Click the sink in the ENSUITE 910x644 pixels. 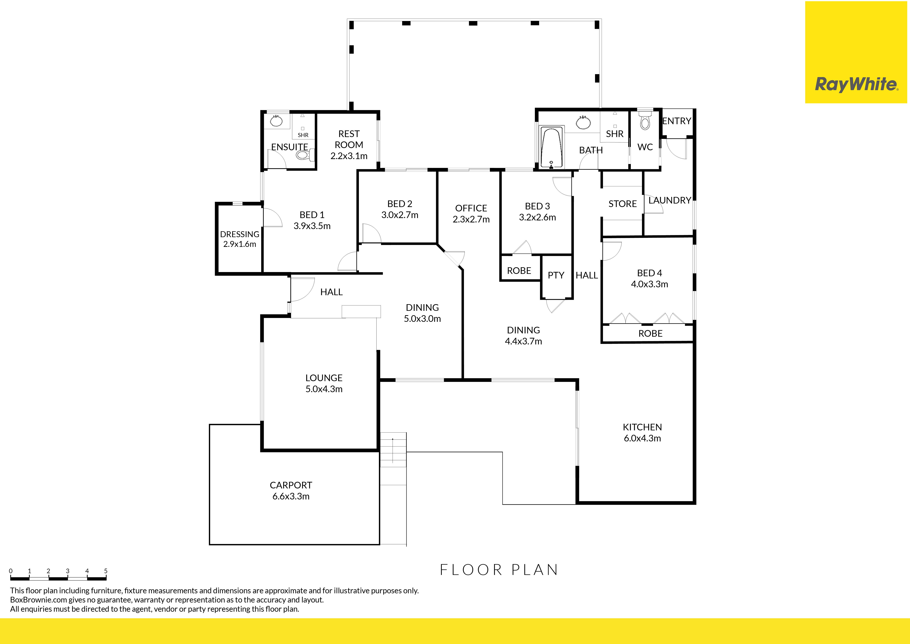(276, 120)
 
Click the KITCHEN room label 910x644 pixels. (642, 427)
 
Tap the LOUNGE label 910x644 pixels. (324, 378)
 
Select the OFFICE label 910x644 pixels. (471, 208)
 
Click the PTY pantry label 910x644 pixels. (556, 275)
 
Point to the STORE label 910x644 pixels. (623, 204)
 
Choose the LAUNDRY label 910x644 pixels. (670, 200)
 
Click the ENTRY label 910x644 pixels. (677, 121)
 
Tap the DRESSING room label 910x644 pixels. (239, 234)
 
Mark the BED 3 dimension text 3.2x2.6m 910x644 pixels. (537, 217)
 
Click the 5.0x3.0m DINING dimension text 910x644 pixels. (422, 319)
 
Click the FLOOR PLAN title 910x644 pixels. (499, 570)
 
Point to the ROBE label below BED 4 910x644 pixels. (650, 334)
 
